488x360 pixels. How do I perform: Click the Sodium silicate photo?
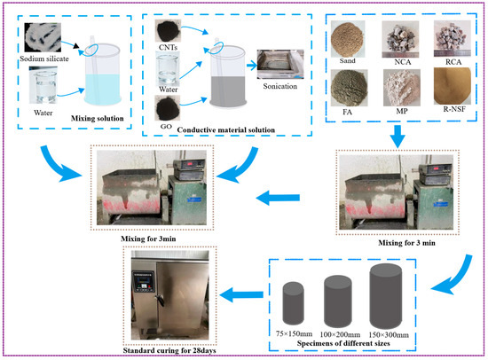point(43,37)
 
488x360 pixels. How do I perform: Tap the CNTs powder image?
point(168,30)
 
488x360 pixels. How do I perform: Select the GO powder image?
point(168,108)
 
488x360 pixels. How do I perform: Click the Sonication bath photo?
point(280,64)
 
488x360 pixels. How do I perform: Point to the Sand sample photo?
point(347,39)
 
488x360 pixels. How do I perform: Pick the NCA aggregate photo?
point(400,39)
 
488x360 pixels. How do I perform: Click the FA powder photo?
point(349,88)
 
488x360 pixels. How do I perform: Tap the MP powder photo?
point(402,88)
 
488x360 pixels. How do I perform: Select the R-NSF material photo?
point(453,86)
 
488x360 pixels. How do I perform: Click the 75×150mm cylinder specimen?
point(293,303)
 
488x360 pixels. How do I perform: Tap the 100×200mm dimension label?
point(340,335)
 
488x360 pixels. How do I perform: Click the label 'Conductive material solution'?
point(226,130)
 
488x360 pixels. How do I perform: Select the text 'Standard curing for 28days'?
point(169,350)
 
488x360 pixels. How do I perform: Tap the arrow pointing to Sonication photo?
point(252,66)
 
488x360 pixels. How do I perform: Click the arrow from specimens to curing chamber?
point(241,294)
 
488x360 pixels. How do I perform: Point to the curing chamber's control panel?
point(144,282)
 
